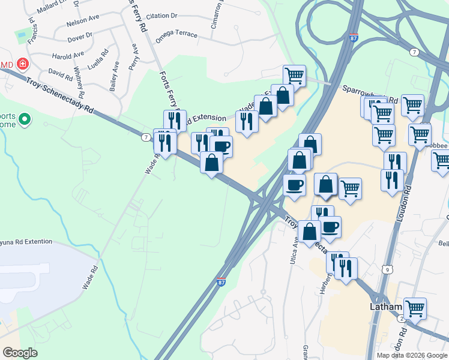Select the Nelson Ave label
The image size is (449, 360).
pyautogui.click(x=83, y=20)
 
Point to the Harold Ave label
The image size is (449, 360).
pyautogui.click(x=68, y=56)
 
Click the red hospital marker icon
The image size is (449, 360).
pyautogui.click(x=23, y=63)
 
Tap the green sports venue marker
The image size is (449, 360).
pyautogui.click(x=25, y=121)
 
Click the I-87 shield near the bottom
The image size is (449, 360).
pyautogui.click(x=221, y=281)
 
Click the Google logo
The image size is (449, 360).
pyautogui.click(x=20, y=353)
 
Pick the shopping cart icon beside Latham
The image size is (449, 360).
pyautogui.click(x=415, y=308)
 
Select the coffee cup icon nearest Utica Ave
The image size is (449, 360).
pyautogui.click(x=330, y=226)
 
